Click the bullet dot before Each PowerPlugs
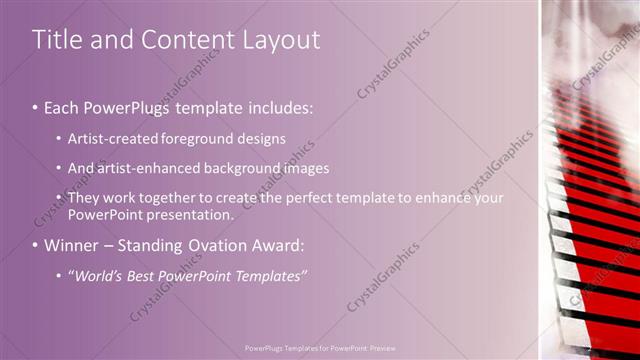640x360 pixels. (35, 106)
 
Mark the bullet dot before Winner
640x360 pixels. (35, 245)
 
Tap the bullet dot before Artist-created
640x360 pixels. (59, 138)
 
